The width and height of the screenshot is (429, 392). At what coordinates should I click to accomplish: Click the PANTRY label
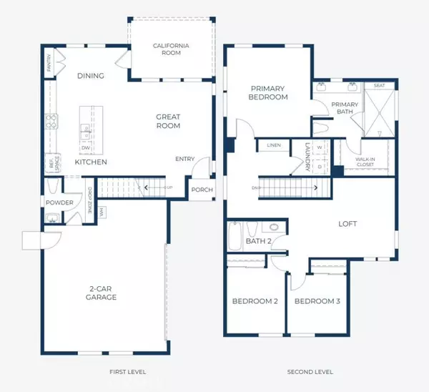pos(49,65)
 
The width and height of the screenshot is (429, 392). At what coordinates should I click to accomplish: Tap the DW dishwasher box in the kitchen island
pos(86,148)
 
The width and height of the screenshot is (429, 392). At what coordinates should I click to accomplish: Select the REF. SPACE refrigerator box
pos(50,163)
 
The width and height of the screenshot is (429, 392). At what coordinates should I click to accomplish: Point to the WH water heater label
pos(102,212)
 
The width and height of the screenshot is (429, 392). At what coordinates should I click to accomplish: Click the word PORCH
pos(201,190)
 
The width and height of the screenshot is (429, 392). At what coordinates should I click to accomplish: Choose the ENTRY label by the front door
pos(185,160)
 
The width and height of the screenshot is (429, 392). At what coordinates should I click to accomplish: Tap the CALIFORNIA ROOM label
pos(172,49)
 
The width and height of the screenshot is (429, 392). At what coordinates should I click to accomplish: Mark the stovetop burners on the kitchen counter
pos(49,122)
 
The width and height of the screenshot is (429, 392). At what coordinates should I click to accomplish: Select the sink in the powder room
pos(52,217)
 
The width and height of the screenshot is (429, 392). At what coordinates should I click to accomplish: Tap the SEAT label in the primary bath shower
pos(379,86)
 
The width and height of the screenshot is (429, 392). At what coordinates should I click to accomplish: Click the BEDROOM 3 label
pos(317,301)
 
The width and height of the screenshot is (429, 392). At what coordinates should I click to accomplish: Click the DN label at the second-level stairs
pos(255,188)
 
